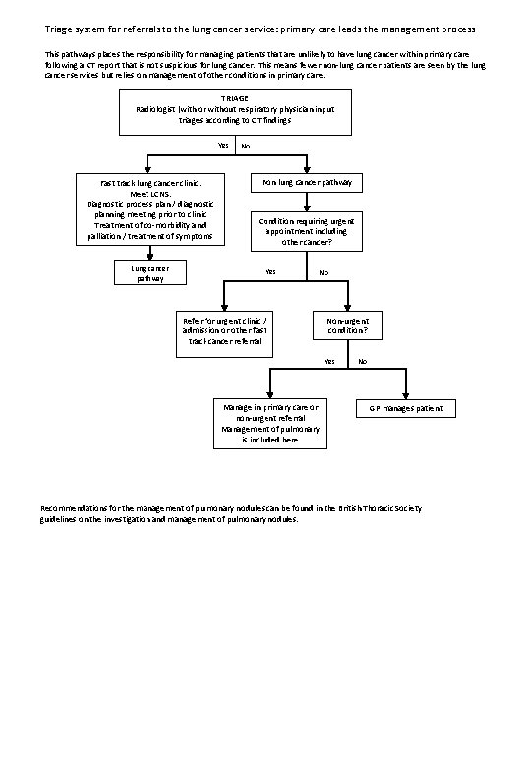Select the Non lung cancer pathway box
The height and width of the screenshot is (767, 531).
pos(308,184)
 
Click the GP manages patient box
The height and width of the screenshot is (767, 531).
pos(406,407)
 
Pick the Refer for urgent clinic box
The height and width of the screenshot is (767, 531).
pos(225,331)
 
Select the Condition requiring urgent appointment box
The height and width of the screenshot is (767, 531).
pos(308,231)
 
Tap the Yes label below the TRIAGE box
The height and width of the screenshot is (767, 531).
pos(223,147)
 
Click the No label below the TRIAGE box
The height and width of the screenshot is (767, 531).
pos(246,147)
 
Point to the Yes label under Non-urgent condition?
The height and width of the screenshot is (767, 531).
pos(328,362)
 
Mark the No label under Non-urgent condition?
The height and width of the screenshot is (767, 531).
pos(362,362)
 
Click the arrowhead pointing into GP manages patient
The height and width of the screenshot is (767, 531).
pos(406,393)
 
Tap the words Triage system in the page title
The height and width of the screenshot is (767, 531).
pos(75,18)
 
